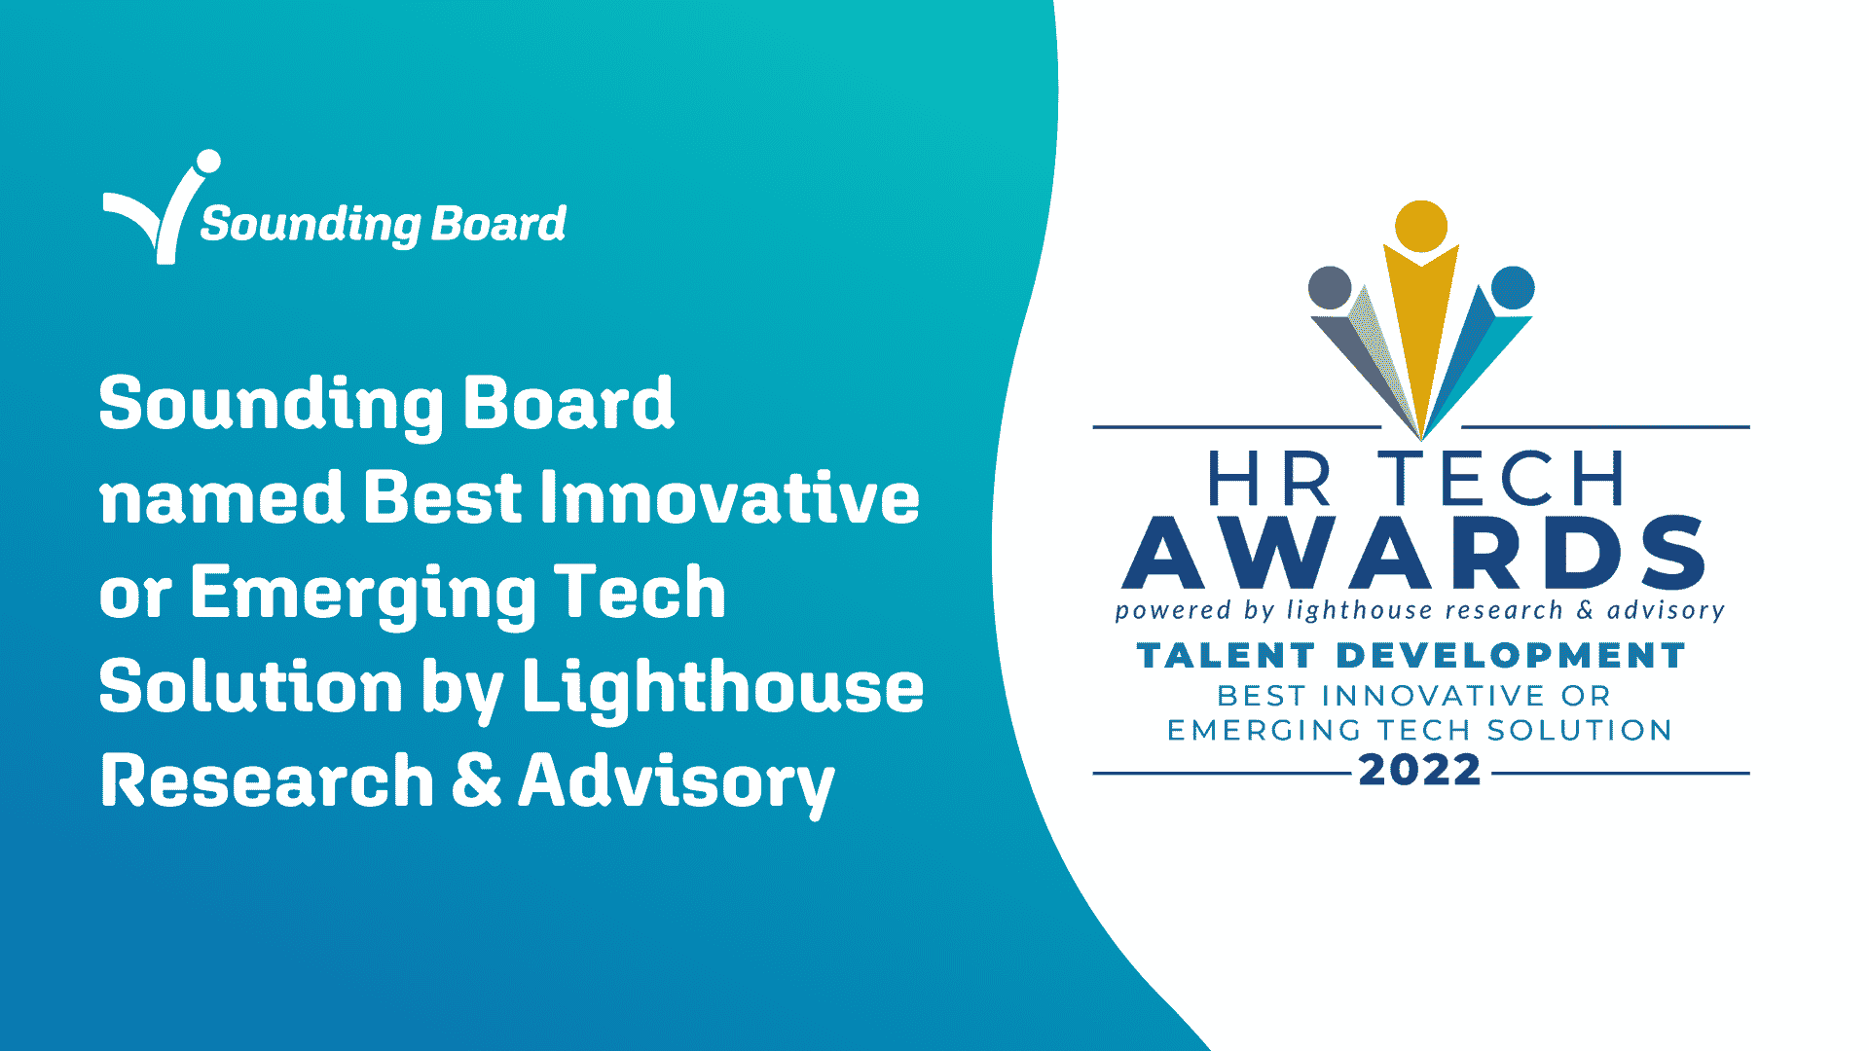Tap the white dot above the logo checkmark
point(208,162)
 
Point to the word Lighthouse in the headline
point(723,687)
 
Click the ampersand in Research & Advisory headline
point(477,780)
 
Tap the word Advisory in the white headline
point(677,783)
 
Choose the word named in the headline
point(222,498)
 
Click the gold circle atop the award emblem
point(1420,227)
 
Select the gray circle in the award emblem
point(1330,288)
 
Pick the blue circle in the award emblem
point(1513,288)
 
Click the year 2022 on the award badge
point(1420,771)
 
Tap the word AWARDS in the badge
point(1413,553)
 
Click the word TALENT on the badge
point(1226,656)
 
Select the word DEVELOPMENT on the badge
point(1510,656)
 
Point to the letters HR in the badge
point(1269,479)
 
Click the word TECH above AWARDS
point(1501,479)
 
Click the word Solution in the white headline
point(251,686)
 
